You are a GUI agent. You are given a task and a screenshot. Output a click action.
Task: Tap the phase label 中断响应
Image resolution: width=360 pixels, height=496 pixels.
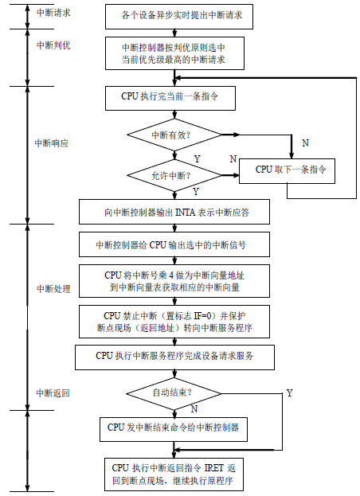click(51, 143)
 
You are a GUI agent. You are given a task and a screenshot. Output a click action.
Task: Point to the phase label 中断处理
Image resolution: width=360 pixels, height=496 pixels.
click(53, 287)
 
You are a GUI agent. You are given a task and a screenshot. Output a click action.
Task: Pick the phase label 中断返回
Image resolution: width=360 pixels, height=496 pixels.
click(53, 393)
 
